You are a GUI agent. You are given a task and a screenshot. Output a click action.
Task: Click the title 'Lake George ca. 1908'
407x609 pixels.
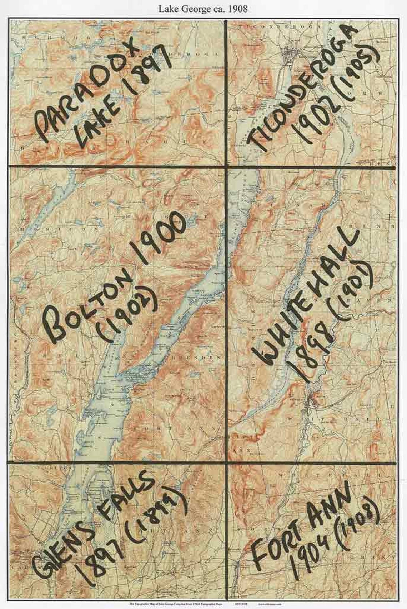(203, 9)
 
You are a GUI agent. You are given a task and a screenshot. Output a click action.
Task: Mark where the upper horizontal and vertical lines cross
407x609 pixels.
(226, 167)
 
